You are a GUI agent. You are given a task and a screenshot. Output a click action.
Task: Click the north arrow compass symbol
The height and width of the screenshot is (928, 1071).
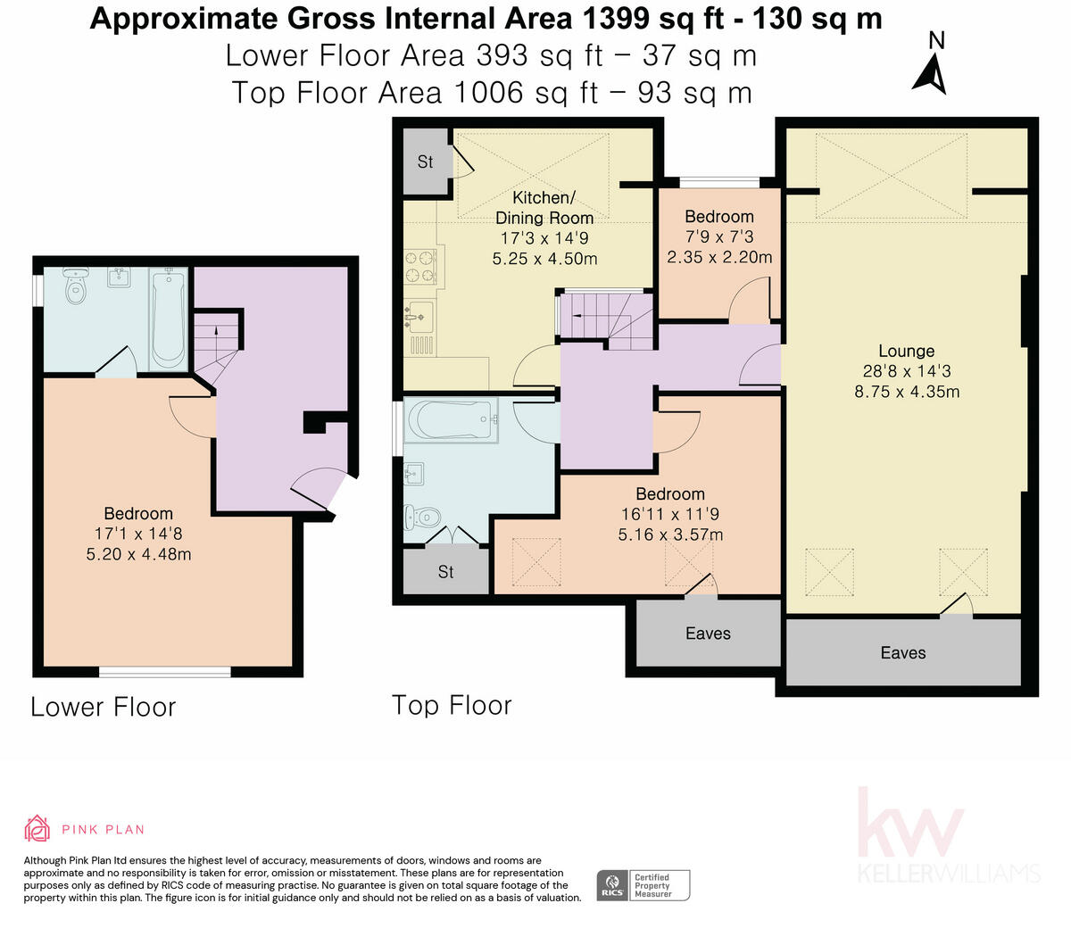tap(930, 78)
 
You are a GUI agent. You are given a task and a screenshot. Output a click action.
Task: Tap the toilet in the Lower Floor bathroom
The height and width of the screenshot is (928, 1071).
tap(76, 286)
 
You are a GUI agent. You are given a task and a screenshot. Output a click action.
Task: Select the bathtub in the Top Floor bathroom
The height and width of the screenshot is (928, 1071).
tap(452, 420)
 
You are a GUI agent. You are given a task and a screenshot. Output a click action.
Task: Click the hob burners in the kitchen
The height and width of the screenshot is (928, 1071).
tap(420, 266)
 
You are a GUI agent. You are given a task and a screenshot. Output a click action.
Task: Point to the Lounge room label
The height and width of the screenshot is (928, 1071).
tap(906, 351)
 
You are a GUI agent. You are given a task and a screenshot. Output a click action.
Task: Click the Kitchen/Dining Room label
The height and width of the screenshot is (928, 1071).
tap(544, 208)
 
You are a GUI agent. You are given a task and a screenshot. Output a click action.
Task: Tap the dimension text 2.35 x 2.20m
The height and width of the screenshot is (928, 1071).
tap(719, 257)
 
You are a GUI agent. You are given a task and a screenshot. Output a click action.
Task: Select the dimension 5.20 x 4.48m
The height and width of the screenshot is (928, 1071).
tap(138, 554)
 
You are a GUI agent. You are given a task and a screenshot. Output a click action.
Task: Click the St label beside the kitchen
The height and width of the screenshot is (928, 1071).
tap(425, 162)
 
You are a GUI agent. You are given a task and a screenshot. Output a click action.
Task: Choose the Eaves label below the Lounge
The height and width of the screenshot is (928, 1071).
tap(903, 652)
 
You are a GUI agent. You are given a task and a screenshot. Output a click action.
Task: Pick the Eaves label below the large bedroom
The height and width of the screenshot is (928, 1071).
tap(708, 634)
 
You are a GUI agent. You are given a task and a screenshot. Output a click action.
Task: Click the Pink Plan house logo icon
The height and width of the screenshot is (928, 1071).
tap(37, 828)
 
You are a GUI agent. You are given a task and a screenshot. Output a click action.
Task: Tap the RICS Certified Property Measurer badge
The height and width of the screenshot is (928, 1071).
tap(643, 885)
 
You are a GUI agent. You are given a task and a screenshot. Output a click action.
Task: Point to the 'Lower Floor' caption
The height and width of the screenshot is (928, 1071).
tap(104, 707)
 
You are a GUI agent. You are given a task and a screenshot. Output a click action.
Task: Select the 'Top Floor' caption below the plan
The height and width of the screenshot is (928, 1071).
tap(452, 705)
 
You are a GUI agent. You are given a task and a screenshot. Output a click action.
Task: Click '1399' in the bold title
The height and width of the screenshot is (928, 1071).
tap(616, 19)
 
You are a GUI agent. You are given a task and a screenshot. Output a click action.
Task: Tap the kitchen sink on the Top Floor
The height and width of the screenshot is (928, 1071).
tap(419, 317)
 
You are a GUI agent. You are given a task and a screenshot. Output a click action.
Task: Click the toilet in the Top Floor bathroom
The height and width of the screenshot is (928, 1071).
tap(422, 517)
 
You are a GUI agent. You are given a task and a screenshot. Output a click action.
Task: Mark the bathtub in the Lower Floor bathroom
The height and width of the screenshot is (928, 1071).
tap(168, 319)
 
